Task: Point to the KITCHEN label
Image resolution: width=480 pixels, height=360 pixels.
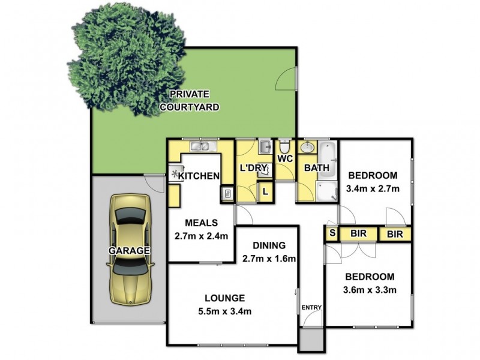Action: (199, 176)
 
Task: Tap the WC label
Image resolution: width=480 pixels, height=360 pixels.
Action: (284, 159)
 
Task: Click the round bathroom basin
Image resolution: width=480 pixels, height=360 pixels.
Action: (307, 147)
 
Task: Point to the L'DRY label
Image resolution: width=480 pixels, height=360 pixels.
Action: (253, 168)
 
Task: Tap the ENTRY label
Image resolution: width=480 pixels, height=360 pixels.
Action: (312, 308)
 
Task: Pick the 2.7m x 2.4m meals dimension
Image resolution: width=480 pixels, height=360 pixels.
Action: (201, 235)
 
